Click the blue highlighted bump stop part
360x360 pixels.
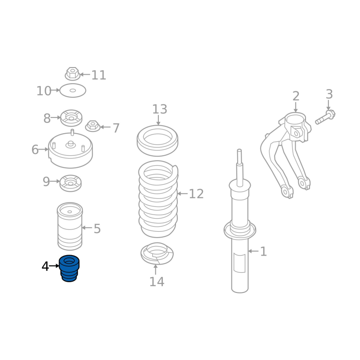point(69,268)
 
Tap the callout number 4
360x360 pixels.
point(45,266)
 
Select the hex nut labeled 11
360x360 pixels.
point(72,74)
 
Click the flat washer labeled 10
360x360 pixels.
point(73,90)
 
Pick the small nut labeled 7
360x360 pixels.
point(93,126)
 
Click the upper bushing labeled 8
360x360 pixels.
point(71,118)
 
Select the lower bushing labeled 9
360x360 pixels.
point(71,183)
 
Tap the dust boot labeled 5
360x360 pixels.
point(70,226)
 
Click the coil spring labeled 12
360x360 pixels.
point(158,199)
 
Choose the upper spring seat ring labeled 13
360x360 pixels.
point(157,140)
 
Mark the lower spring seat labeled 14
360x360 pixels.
point(157,254)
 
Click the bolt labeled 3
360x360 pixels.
point(325,117)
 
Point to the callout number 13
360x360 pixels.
point(160,109)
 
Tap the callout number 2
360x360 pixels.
point(296,96)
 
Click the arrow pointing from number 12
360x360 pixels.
point(183,194)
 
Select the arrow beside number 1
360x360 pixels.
point(253,251)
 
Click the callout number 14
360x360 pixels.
point(157,282)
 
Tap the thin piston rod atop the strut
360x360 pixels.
point(239,167)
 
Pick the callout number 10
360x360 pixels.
point(44,91)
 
